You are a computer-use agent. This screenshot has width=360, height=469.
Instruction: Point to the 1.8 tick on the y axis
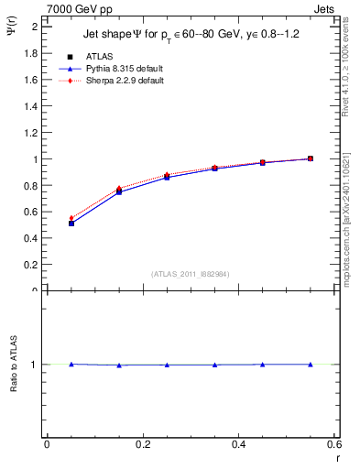30,53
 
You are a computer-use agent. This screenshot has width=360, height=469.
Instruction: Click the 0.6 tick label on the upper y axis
30,212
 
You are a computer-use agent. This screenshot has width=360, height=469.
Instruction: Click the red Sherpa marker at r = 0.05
71,218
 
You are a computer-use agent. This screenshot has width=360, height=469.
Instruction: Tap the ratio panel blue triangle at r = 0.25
167,365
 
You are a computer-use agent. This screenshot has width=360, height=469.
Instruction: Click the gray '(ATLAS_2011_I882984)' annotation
191,273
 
